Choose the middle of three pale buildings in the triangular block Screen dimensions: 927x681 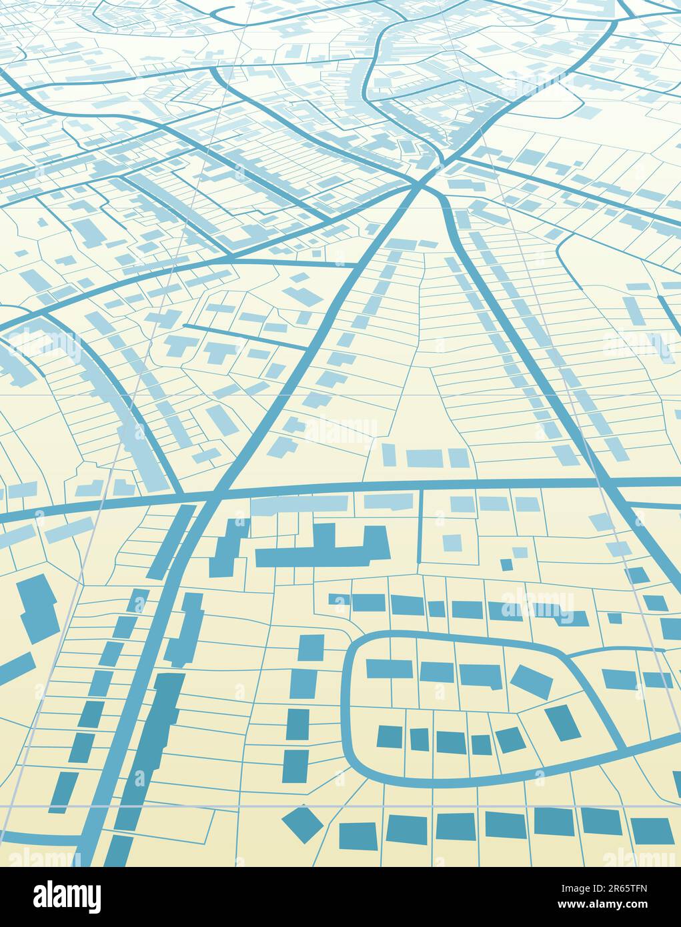click(x=424, y=458)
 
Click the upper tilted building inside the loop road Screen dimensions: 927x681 click(x=532, y=680)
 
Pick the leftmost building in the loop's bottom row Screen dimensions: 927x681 click(x=390, y=736)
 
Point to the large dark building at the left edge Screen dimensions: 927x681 click(x=36, y=607)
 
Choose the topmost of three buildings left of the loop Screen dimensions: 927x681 click(x=310, y=649)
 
